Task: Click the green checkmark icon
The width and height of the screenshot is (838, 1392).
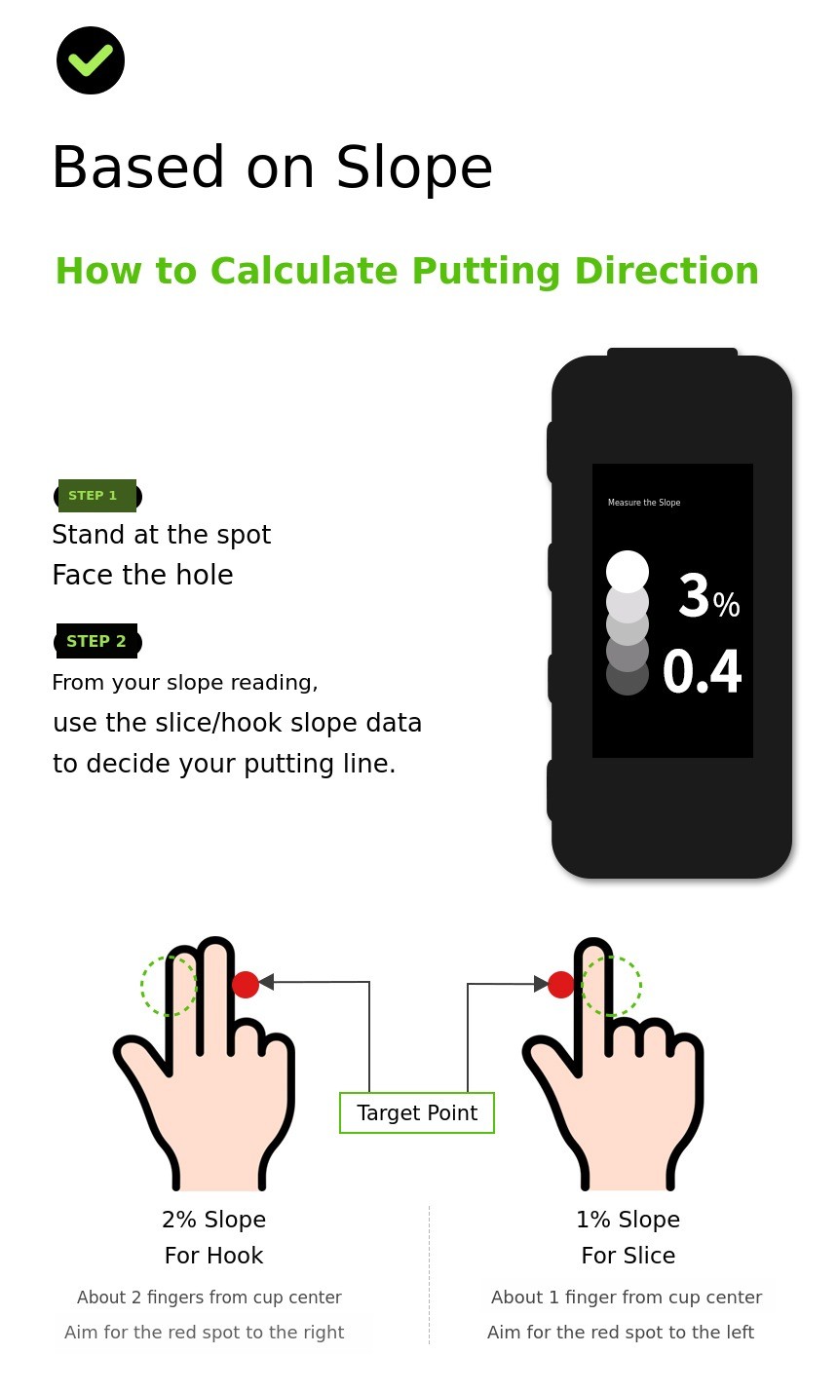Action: [x=91, y=60]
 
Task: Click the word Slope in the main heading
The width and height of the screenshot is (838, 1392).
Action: [x=414, y=168]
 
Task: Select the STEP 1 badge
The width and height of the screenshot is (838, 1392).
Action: [x=97, y=496]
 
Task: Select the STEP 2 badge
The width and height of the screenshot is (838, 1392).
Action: [x=97, y=641]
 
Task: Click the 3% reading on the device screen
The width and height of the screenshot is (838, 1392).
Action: [x=708, y=595]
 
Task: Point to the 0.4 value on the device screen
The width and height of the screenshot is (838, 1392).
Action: [x=702, y=671]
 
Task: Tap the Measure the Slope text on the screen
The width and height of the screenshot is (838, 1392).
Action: [x=644, y=502]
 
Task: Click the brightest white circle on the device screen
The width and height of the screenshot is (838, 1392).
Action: [x=628, y=572]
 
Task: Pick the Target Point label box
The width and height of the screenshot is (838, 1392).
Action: [x=416, y=1112]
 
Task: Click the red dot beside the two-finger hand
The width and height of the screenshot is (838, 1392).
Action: [x=245, y=985]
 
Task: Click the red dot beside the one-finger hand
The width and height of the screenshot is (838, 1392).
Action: [x=560, y=985]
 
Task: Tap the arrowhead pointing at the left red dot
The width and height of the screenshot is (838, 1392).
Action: [x=267, y=982]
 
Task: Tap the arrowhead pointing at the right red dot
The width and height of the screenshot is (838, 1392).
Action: [x=541, y=984]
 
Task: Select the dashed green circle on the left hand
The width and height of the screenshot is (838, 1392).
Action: [x=141, y=986]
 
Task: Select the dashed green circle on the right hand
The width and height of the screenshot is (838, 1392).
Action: [x=640, y=986]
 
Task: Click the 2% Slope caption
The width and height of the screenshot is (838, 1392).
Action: [x=213, y=1220]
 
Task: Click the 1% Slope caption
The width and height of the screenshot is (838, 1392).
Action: [x=628, y=1220]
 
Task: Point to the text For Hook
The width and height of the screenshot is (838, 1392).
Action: [x=213, y=1256]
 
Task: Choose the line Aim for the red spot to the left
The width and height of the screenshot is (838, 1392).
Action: [x=621, y=1332]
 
